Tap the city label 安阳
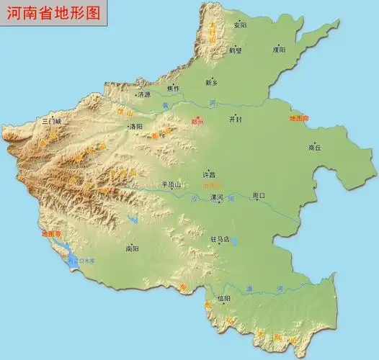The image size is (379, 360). click(x=240, y=25)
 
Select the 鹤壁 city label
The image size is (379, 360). click(x=236, y=50)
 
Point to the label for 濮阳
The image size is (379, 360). click(x=279, y=50)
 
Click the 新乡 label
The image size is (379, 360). click(x=212, y=81)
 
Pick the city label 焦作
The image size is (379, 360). click(x=173, y=88)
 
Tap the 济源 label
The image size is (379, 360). click(x=144, y=94)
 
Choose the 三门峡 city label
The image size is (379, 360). click(x=53, y=122)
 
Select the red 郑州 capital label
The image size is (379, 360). click(x=198, y=122)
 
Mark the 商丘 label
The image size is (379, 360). click(x=315, y=147)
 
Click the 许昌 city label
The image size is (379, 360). click(x=209, y=174)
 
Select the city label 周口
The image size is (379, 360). click(x=259, y=196)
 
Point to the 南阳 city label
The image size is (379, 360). click(x=132, y=249)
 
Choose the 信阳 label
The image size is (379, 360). click(x=224, y=298)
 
